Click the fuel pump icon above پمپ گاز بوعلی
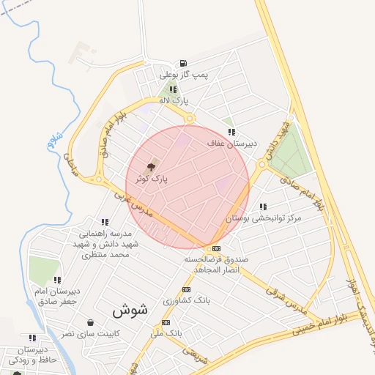(x=182, y=63)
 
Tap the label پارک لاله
(x=176, y=100)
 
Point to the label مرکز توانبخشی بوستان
(x=264, y=218)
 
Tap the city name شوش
(x=130, y=310)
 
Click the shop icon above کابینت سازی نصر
(x=90, y=322)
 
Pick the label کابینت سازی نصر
(x=90, y=333)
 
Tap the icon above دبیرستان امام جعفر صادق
(x=57, y=279)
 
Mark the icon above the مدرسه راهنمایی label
(x=105, y=222)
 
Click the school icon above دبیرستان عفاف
(x=231, y=132)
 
